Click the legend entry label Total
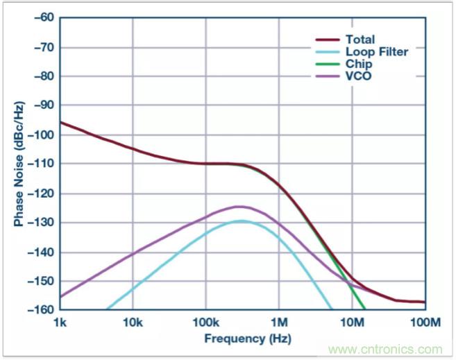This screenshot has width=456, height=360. (x=360, y=40)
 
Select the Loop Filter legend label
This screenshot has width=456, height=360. (x=377, y=51)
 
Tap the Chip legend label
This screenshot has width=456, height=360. (x=357, y=63)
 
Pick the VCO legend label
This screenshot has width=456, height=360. (x=357, y=75)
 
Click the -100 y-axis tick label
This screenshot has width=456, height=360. (x=40, y=135)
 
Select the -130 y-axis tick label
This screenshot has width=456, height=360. (x=40, y=223)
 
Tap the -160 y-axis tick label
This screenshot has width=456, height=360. (x=40, y=310)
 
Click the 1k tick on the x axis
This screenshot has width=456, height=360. (x=60, y=323)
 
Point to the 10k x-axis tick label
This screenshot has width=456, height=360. (x=133, y=323)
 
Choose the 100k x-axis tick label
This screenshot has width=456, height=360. (x=205, y=323)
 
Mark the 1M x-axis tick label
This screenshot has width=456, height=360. (x=278, y=323)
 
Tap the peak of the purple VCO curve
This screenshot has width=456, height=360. (x=240, y=207)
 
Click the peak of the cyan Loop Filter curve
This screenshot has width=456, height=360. (x=242, y=221)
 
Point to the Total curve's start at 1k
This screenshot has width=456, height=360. (x=60, y=122)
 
